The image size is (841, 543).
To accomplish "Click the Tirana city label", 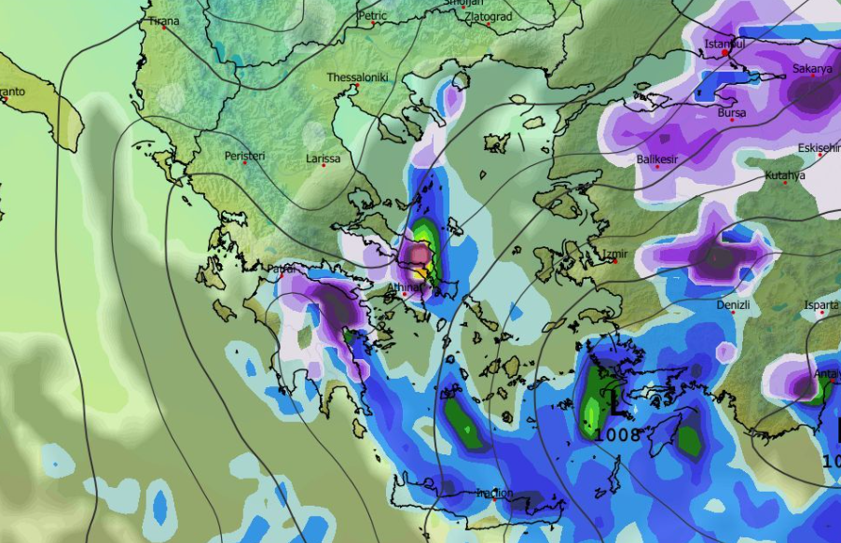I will click(x=163, y=20).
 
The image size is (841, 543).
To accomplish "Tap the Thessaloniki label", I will click(x=356, y=77).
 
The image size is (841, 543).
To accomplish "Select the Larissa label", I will click(x=323, y=160).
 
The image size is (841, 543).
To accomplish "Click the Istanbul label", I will click(x=724, y=44).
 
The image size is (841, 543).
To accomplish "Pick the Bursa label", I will click(x=731, y=114).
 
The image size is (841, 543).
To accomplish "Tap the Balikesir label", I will click(x=656, y=160).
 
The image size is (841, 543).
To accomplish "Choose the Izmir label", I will click(x=616, y=253).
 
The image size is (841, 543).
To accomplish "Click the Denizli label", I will click(x=733, y=305).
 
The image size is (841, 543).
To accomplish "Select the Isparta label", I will click(x=821, y=305).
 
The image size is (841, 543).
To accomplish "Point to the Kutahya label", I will click(x=784, y=175).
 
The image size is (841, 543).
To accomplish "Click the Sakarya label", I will click(x=811, y=69).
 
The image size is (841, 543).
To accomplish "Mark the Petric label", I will click(x=372, y=16).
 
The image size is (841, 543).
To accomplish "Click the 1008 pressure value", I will click(x=617, y=435).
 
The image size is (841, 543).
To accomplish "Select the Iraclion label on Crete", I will click(x=495, y=493).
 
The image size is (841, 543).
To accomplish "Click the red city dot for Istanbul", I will click(x=726, y=53).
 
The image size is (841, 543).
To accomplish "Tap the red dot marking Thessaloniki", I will click(x=356, y=86).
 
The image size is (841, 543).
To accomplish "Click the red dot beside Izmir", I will click(x=615, y=261).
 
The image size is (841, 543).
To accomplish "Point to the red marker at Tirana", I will click(x=164, y=27).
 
